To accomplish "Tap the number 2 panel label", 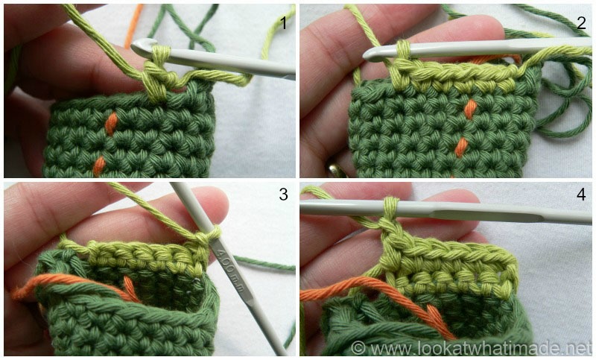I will [x=581, y=22].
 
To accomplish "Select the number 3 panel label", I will [x=283, y=195].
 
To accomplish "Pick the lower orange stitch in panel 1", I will [x=98, y=164].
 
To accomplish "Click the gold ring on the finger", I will [x=337, y=168].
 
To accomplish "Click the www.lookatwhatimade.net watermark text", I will [x=481, y=348].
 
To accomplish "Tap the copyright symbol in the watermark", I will [x=358, y=348].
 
